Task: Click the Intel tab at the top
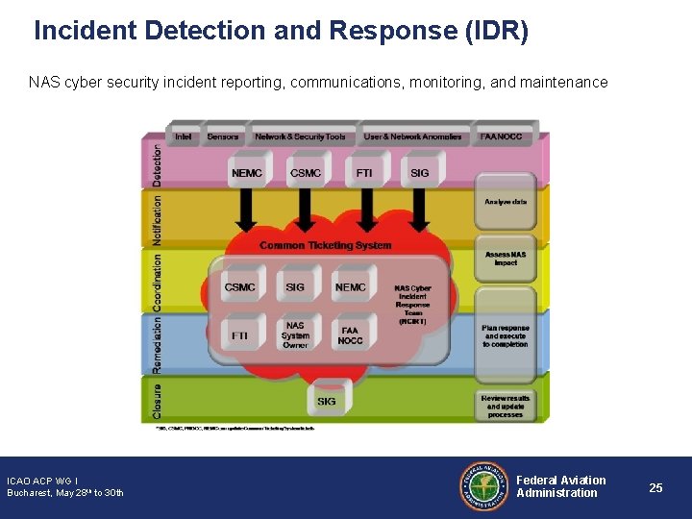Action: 183,137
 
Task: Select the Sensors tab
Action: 223,137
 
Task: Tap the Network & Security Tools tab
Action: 300,137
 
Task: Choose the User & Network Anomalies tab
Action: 412,137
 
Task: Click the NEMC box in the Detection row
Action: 247,173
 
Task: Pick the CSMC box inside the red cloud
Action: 240,287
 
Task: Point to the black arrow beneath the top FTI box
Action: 366,209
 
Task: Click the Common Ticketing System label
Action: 325,246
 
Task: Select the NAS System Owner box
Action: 295,335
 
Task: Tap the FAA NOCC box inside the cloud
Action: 351,335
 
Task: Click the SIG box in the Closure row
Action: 327,400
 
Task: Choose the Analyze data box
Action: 506,202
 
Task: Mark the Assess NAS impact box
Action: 506,259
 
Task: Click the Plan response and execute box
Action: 506,335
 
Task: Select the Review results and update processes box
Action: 506,406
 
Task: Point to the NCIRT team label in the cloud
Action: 412,304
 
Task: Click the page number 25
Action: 655,488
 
